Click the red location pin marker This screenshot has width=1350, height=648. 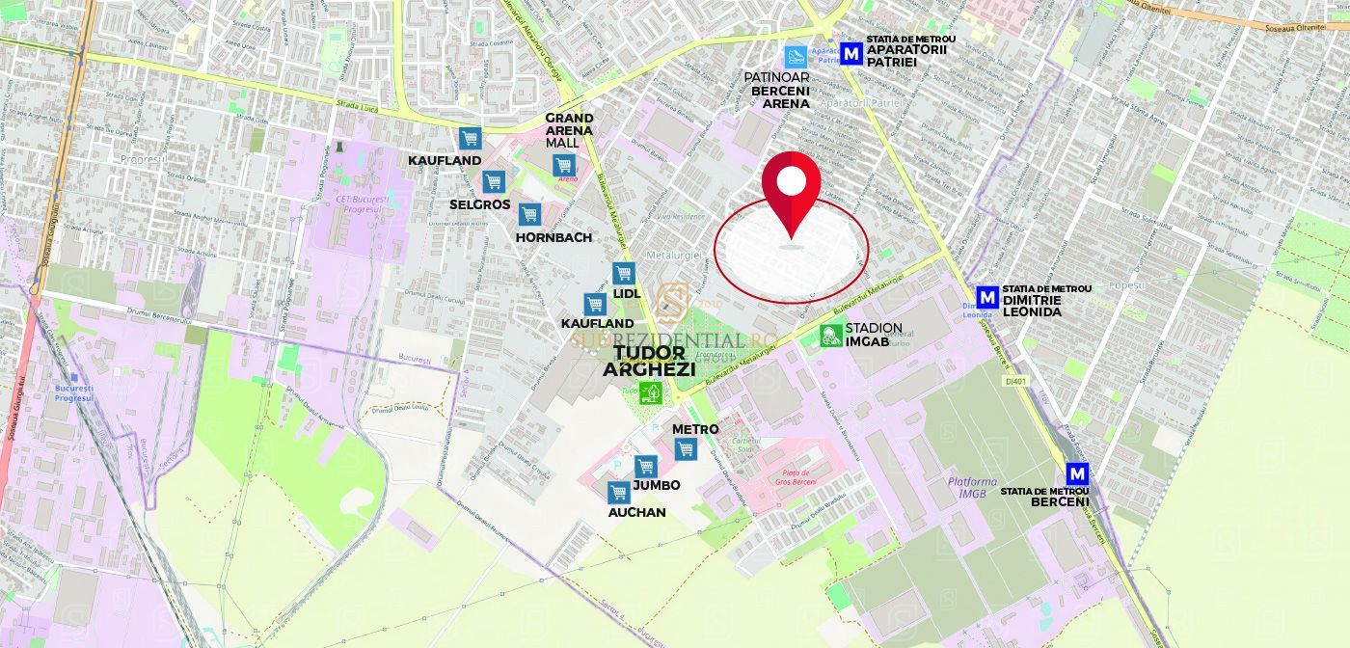(791, 188)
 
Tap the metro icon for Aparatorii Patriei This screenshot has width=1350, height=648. (851, 54)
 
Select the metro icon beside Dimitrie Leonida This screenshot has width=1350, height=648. (986, 298)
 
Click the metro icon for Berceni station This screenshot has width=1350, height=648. (1077, 474)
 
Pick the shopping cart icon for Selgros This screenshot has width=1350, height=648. (494, 181)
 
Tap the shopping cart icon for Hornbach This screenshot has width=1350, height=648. (528, 214)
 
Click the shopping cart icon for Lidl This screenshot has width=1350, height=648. (623, 274)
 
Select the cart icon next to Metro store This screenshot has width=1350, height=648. (685, 448)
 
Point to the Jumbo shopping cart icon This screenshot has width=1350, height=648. (645, 466)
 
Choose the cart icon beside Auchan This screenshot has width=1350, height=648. (619, 493)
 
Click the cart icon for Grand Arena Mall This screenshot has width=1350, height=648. (564, 165)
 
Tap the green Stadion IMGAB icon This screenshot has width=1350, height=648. (830, 336)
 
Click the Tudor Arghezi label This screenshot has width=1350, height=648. (649, 361)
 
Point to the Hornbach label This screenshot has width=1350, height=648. (553, 237)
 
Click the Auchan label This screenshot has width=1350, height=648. (636, 513)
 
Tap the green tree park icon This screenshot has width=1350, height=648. (651, 391)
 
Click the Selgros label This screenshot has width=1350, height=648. (479, 204)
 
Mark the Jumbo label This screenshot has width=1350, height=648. (657, 485)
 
